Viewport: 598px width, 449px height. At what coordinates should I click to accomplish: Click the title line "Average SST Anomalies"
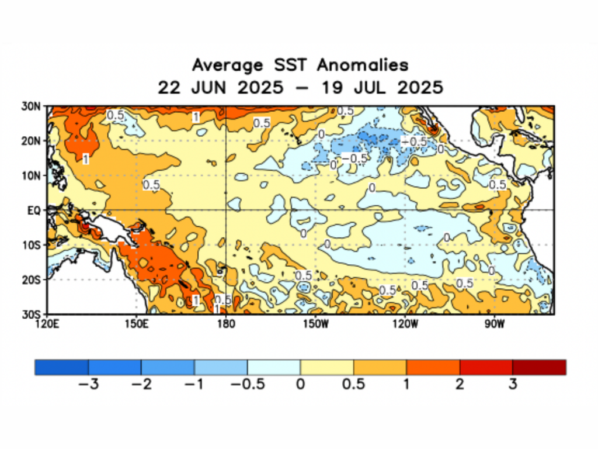300,64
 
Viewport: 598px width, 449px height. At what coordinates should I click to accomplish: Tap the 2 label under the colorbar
460,384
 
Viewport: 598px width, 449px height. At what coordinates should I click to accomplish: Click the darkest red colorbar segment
539,367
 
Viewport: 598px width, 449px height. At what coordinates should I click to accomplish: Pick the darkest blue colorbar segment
61,367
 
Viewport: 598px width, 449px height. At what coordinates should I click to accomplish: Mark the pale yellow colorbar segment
326,367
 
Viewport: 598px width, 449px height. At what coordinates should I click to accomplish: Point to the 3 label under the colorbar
513,384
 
